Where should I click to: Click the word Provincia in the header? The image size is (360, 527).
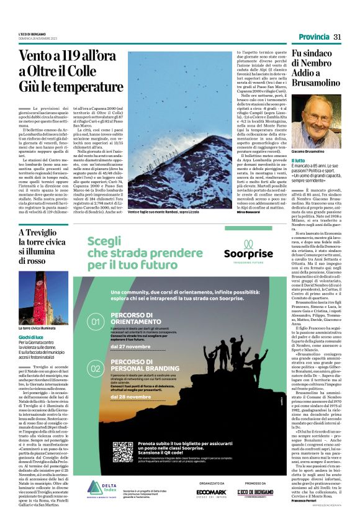(x=313, y=37)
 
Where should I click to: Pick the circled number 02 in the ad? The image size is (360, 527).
(x=96, y=368)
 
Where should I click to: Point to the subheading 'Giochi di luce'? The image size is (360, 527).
(x=32, y=336)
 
